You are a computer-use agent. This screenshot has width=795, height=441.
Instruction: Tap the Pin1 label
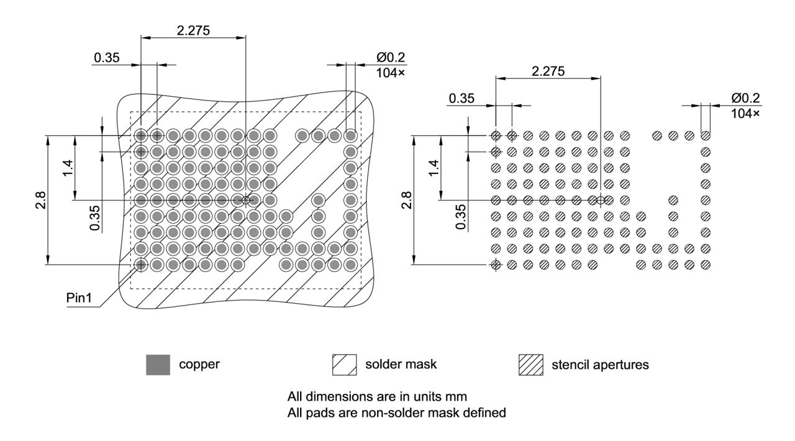(x=79, y=298)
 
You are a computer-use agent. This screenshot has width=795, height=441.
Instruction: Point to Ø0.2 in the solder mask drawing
(x=390, y=58)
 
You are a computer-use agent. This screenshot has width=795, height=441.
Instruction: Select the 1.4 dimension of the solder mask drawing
(x=68, y=168)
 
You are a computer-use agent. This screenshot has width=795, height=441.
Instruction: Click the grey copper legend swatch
(x=158, y=365)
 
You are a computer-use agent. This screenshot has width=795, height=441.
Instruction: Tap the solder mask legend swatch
(x=345, y=365)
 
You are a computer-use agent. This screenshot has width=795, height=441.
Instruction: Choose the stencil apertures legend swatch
(x=530, y=365)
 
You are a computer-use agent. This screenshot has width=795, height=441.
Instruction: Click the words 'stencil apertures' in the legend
(x=600, y=365)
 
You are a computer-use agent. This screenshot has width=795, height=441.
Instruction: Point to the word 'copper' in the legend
(x=199, y=365)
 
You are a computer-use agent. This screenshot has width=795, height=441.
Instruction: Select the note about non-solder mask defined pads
(x=397, y=411)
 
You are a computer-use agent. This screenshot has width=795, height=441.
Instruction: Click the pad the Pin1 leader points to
(x=141, y=265)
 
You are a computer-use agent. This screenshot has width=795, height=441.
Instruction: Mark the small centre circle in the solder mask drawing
(x=246, y=200)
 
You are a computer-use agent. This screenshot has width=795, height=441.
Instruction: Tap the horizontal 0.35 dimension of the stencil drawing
(x=461, y=98)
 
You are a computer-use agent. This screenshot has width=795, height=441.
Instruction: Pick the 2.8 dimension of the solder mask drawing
(x=40, y=201)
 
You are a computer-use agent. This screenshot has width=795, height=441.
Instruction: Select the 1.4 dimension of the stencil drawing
(x=434, y=168)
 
